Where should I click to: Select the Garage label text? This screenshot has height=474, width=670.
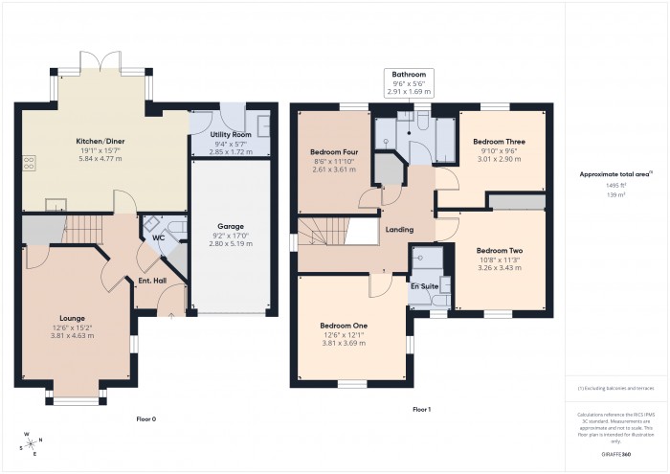(x=229, y=226)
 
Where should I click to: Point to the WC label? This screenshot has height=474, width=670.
(x=158, y=237)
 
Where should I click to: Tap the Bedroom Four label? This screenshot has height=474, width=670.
(x=333, y=152)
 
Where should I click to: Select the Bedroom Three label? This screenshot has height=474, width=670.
(x=499, y=142)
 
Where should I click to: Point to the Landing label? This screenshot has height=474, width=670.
(x=399, y=229)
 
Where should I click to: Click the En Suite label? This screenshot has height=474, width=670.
(x=424, y=285)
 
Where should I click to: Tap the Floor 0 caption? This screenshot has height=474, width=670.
(x=146, y=418)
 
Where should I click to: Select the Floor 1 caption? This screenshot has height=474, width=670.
(x=421, y=410)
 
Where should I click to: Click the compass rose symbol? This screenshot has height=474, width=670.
(x=31, y=442)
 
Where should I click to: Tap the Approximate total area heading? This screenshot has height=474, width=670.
(x=615, y=173)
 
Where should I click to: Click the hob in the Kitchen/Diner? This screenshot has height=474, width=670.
(x=30, y=162)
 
